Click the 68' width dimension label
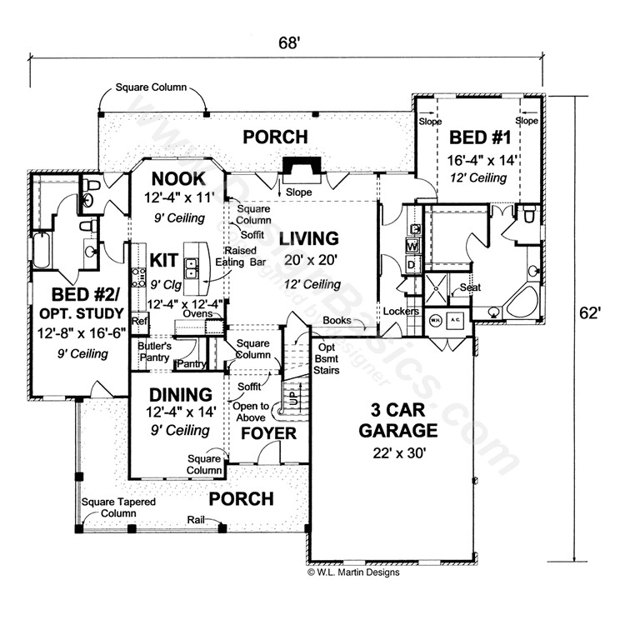288,42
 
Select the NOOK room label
177,178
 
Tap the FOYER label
269,433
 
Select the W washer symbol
412,245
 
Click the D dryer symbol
412,265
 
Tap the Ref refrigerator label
140,321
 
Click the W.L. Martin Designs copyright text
353,572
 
